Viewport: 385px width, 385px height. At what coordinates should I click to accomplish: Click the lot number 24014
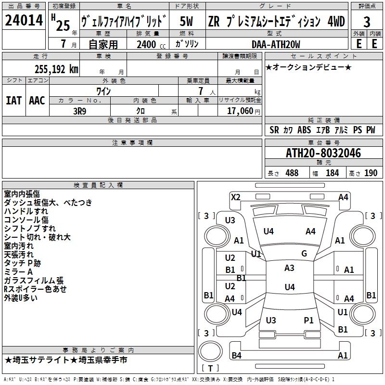click(x=24, y=22)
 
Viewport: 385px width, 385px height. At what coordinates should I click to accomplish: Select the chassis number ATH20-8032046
click(x=323, y=154)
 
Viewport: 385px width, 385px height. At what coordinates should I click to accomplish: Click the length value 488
click(x=292, y=173)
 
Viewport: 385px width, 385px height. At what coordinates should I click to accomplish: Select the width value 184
click(x=332, y=173)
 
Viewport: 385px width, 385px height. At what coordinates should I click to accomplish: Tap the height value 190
click(x=371, y=173)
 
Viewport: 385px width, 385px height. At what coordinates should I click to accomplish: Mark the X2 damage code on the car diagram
click(x=235, y=197)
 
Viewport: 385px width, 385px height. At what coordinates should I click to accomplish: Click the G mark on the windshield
click(x=304, y=254)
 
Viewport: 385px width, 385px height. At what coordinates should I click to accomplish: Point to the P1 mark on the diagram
click(x=308, y=320)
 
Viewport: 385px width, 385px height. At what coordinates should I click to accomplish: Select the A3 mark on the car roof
click(x=289, y=268)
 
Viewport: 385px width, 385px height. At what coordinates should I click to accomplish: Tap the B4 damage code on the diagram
click(x=236, y=356)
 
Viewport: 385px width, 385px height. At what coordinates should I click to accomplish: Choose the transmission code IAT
click(x=13, y=101)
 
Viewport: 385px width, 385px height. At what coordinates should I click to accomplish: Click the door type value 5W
click(x=187, y=22)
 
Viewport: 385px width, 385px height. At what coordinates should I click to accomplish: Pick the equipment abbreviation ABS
click(x=304, y=130)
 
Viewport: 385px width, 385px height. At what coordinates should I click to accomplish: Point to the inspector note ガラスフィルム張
click(x=34, y=281)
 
